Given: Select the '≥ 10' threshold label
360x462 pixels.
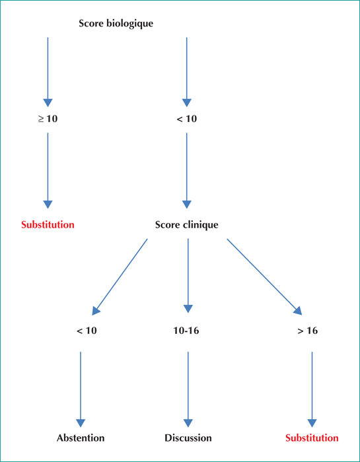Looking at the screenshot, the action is coord(48,119).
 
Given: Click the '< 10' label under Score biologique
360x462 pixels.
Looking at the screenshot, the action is coord(186,119).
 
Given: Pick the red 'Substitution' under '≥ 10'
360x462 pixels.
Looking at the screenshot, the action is coord(48,225).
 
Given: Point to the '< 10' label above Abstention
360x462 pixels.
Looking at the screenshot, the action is coord(87,331).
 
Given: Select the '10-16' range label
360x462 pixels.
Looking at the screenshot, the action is coord(186,331).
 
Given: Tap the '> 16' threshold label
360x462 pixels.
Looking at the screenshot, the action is coord(308,331).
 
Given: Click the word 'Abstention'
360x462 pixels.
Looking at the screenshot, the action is coord(81,438).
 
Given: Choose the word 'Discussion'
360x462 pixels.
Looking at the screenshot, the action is coord(188,438).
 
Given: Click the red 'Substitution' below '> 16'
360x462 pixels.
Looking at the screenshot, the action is coord(312,438).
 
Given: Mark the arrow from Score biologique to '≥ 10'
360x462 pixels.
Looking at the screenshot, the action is coord(48,72).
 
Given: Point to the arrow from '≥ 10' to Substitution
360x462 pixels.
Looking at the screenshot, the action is coord(48,171).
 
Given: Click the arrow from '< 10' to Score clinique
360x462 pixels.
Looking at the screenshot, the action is coord(187,171).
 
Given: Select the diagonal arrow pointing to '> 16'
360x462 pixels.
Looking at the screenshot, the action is coord(265,277).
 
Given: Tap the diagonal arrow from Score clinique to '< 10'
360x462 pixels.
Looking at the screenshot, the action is coord(120,277).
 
